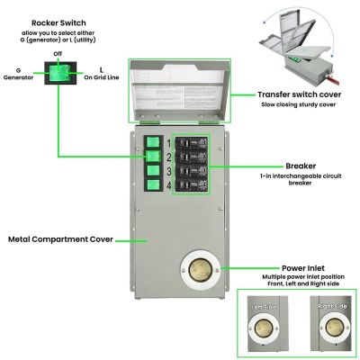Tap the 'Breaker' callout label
coord(274,166)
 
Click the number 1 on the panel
coord(167,142)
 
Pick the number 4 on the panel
coord(167,186)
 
